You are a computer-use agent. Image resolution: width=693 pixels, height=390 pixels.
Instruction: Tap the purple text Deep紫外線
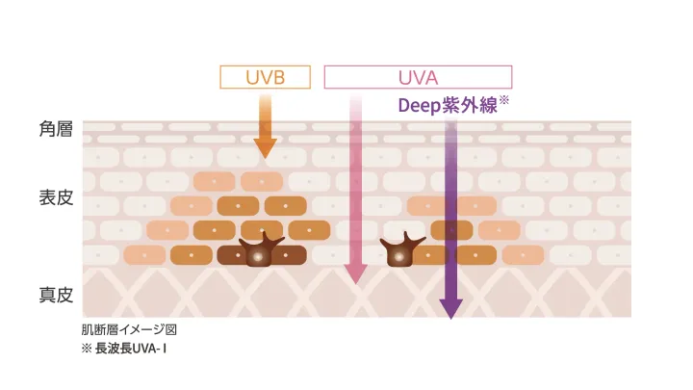pyautogui.click(x=448, y=106)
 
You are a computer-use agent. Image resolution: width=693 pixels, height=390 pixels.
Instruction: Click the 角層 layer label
pyautogui.click(x=56, y=129)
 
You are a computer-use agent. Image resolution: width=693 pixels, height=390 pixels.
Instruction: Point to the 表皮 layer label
pyautogui.click(x=56, y=197)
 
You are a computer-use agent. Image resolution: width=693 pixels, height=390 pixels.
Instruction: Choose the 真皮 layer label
pyautogui.click(x=56, y=295)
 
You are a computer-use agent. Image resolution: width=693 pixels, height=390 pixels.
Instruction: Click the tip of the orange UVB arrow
pyautogui.click(x=266, y=158)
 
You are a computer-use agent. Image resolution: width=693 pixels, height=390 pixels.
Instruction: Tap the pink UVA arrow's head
pyautogui.click(x=355, y=274)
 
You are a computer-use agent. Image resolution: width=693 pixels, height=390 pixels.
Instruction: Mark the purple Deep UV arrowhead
pyautogui.click(x=450, y=309)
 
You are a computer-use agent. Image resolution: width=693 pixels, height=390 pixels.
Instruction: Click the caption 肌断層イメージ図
pyautogui.click(x=129, y=329)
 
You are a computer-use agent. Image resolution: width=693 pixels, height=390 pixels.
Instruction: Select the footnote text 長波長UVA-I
pyautogui.click(x=131, y=349)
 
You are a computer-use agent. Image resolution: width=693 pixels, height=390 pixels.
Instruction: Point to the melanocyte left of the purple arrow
pyautogui.click(x=400, y=251)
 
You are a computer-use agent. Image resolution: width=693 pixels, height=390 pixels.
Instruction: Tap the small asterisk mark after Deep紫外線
pyautogui.click(x=504, y=100)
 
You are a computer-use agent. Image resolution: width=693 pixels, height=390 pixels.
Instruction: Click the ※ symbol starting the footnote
pyautogui.click(x=87, y=349)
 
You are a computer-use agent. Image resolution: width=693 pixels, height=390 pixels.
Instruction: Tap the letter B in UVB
pyautogui.click(x=278, y=77)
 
